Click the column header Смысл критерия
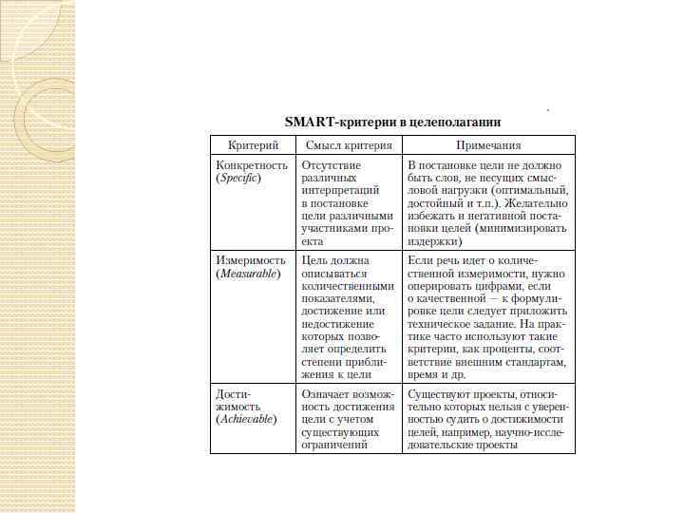349,145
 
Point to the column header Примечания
488,145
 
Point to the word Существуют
438,392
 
